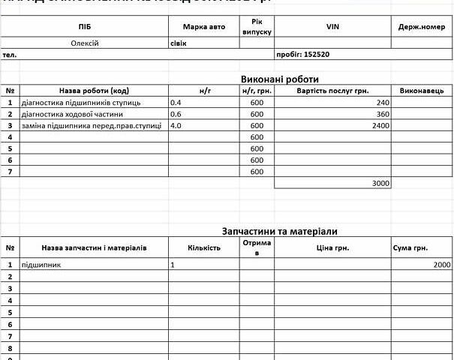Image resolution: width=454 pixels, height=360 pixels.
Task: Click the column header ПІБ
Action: click(x=85, y=27)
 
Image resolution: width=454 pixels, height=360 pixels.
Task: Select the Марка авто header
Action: click(x=203, y=27)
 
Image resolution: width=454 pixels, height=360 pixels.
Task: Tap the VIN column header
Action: click(x=333, y=27)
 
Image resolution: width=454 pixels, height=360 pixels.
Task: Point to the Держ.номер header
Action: click(x=422, y=27)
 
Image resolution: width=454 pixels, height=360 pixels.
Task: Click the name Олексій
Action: click(x=84, y=43)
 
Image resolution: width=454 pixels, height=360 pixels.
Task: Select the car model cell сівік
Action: click(x=179, y=43)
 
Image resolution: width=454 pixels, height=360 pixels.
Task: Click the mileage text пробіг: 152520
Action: click(x=304, y=55)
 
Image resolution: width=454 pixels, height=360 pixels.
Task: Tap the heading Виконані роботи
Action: click(x=280, y=79)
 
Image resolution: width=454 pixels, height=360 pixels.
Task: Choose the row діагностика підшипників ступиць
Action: click(x=82, y=102)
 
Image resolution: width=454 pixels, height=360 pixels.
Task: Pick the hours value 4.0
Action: click(x=177, y=126)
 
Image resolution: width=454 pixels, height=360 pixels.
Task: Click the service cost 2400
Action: click(x=380, y=126)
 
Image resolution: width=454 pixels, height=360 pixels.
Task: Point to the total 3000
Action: click(x=380, y=183)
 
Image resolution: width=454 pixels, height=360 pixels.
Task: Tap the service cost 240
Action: click(x=383, y=102)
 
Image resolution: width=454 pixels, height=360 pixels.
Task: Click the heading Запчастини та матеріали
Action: click(x=278, y=231)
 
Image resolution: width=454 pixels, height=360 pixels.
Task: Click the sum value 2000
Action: click(x=442, y=265)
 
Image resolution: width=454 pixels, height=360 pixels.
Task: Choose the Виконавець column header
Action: click(x=422, y=90)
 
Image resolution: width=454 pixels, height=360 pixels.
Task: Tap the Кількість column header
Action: click(x=204, y=247)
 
